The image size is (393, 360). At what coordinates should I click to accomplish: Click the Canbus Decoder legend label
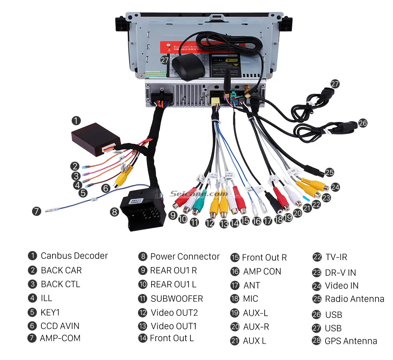(x=74, y=256)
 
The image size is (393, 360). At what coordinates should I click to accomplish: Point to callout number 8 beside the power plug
(x=115, y=212)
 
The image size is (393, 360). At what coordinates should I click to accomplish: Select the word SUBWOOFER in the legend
(x=177, y=299)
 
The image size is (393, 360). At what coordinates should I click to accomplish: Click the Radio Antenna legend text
(x=355, y=299)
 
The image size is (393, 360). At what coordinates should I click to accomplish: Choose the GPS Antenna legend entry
(x=351, y=341)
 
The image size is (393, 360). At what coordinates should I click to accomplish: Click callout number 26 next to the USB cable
(x=363, y=123)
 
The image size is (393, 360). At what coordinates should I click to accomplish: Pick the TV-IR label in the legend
(x=336, y=257)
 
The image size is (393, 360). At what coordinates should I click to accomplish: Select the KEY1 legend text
(x=50, y=312)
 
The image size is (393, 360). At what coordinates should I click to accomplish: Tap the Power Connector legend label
(x=185, y=256)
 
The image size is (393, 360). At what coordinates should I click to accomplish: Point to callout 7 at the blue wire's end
(x=36, y=211)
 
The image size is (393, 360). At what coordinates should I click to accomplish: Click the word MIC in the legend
(x=251, y=299)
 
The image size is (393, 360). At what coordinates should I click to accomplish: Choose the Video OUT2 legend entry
(x=174, y=313)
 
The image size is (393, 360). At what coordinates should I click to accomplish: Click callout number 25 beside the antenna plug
(x=329, y=172)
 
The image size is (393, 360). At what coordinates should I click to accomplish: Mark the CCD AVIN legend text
(x=60, y=326)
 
